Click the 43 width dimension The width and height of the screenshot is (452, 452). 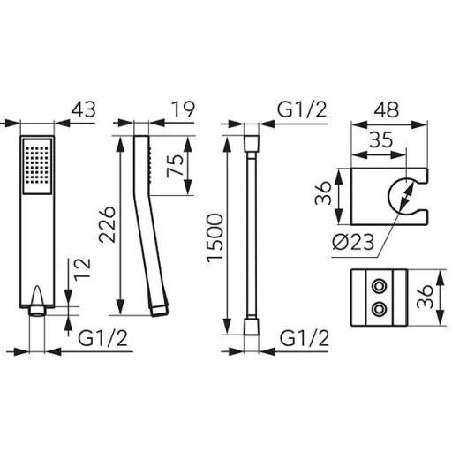click(84, 109)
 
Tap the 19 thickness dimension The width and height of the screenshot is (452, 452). click(183, 109)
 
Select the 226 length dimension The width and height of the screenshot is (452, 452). click(107, 224)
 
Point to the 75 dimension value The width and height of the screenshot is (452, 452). click(175, 166)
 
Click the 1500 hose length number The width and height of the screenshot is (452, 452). click(215, 237)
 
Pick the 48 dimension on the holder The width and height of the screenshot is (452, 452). click(388, 109)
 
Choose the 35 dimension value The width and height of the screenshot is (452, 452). click(381, 139)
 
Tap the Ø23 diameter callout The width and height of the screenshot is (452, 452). click(353, 243)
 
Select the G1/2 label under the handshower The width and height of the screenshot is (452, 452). click(102, 338)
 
